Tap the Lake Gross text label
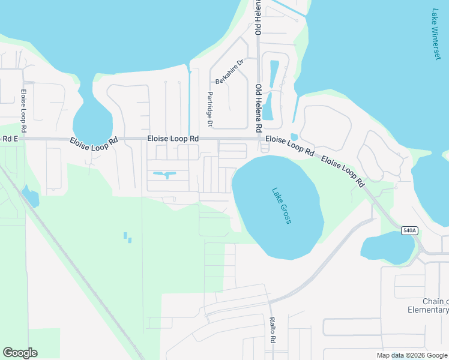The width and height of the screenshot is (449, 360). point(282,206)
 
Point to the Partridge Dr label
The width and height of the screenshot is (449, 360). point(210,109)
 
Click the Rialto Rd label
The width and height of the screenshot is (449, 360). point(273,330)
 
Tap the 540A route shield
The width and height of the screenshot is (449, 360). point(409,230)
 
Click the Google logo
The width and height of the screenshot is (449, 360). point(20,353)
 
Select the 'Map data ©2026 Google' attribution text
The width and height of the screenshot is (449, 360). point(412,355)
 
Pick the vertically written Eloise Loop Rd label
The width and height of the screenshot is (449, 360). point(23,111)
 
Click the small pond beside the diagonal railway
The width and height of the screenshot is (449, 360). point(29,196)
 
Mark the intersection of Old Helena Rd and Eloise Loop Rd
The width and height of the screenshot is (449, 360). point(259,139)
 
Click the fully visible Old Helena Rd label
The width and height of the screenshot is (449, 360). point(259,109)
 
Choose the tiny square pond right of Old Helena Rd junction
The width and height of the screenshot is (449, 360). point(294,137)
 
